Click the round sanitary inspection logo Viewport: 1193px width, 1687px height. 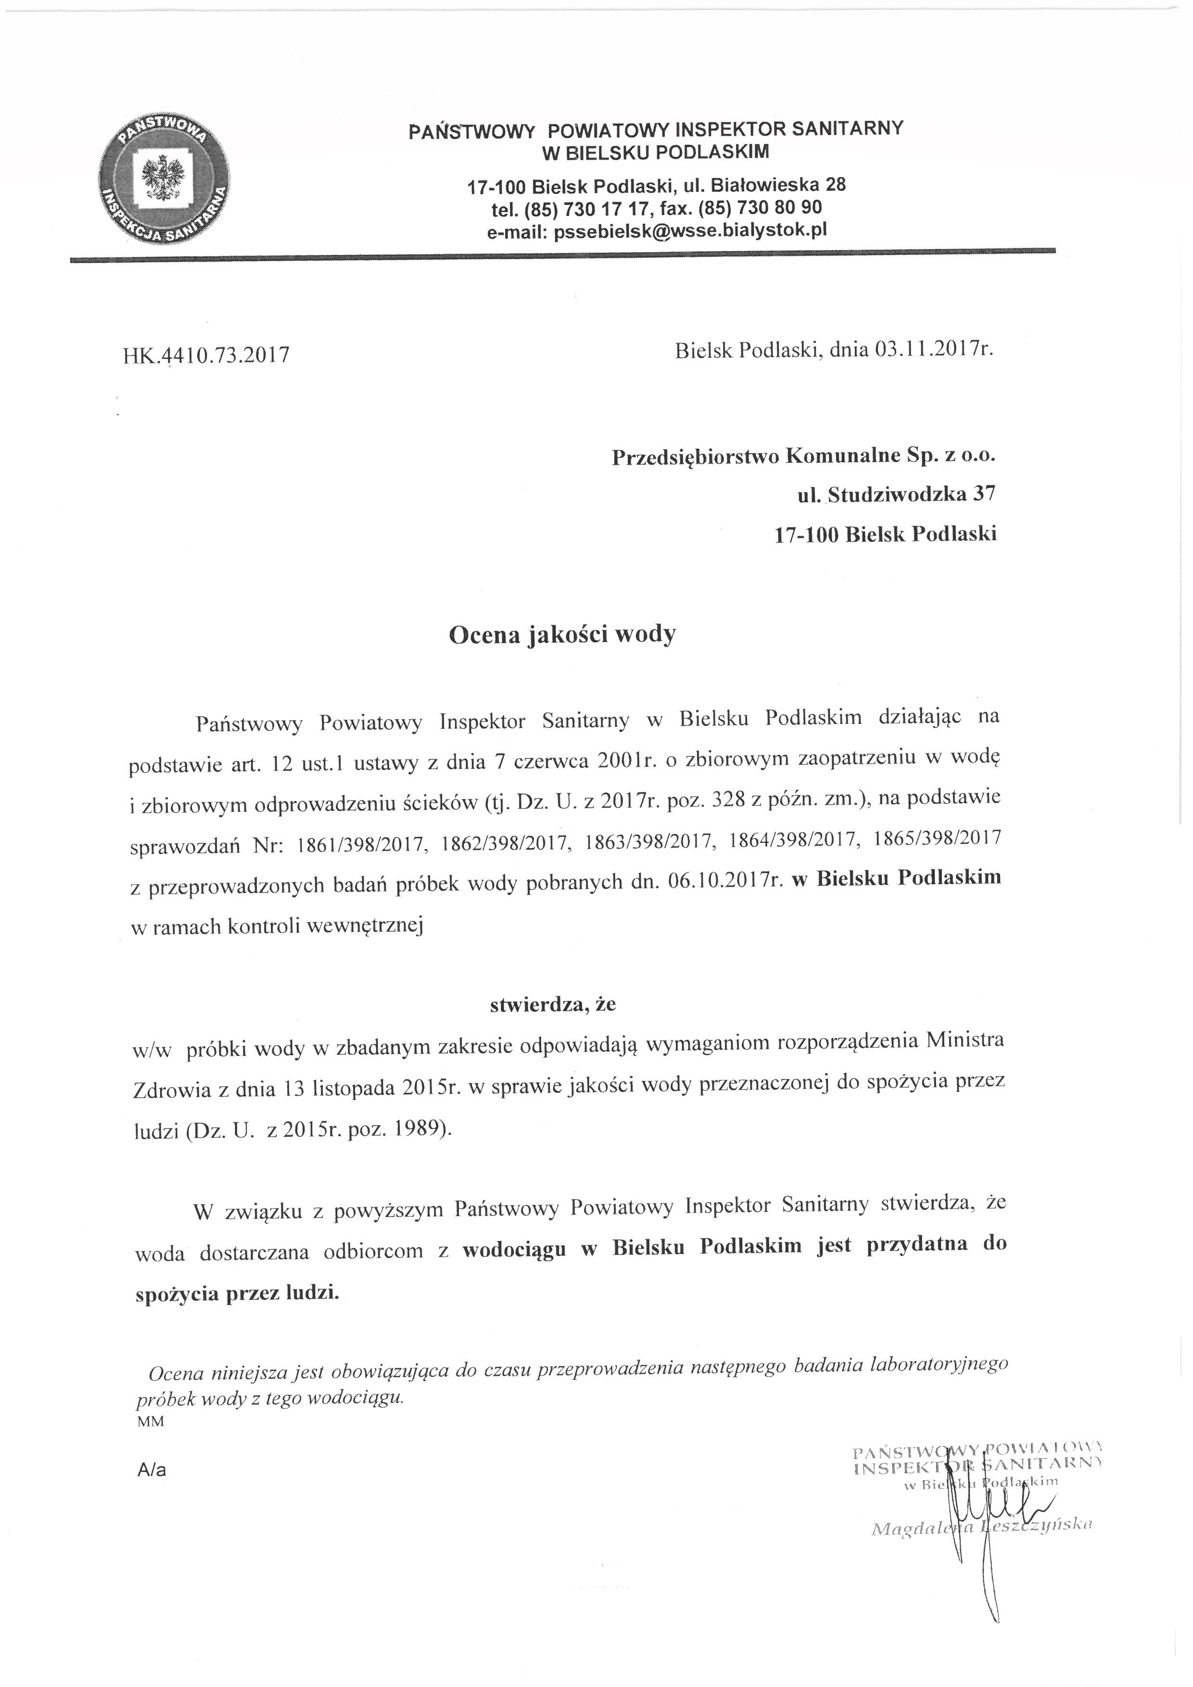tap(163, 180)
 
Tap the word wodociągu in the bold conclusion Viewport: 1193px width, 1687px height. tap(514, 1249)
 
